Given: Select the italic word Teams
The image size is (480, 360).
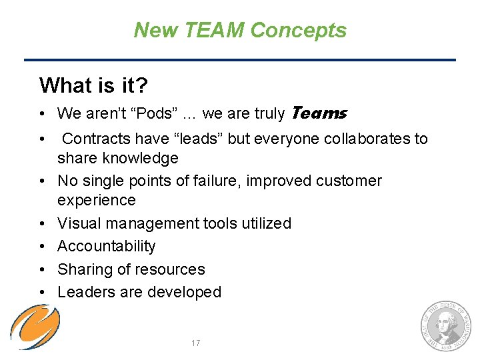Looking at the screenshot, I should [318, 113].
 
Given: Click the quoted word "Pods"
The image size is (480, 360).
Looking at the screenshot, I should [153, 114].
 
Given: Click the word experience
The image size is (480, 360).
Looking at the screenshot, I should [97, 200].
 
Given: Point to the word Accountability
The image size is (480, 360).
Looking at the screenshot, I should [107, 246].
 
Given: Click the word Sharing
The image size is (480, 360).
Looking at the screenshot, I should [84, 269].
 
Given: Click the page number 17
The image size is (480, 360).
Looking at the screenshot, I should [195, 343].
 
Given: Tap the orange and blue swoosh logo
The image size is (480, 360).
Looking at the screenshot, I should [35, 326].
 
